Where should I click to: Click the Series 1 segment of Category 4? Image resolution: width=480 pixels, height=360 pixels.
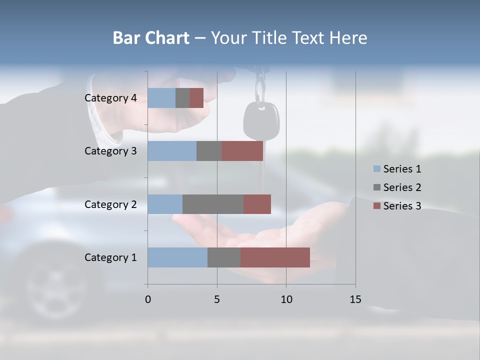pyautogui.click(x=161, y=98)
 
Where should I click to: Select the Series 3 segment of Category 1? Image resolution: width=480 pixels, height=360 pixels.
pyautogui.click(x=275, y=257)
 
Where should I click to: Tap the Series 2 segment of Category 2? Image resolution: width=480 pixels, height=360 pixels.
pyautogui.click(x=213, y=204)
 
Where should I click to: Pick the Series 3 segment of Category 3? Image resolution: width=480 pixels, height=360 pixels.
pyautogui.click(x=242, y=151)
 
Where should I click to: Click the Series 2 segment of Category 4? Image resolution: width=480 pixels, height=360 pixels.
pyautogui.click(x=182, y=98)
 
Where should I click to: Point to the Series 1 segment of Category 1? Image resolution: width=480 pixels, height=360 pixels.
pyautogui.click(x=177, y=257)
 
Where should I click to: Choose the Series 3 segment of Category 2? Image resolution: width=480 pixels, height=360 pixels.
pyautogui.click(x=257, y=204)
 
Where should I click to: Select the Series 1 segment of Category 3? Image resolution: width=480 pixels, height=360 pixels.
pyautogui.click(x=172, y=151)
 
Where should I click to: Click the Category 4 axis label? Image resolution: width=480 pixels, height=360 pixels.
pyautogui.click(x=110, y=98)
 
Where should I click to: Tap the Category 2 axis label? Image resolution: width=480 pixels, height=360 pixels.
pyautogui.click(x=110, y=204)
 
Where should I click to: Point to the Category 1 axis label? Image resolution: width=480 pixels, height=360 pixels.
pyautogui.click(x=110, y=257)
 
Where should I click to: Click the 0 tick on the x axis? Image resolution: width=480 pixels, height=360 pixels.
pyautogui.click(x=147, y=299)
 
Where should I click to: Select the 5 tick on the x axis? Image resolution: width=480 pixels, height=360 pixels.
pyautogui.click(x=217, y=299)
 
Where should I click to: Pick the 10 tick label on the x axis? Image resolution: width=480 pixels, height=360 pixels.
pyautogui.click(x=286, y=299)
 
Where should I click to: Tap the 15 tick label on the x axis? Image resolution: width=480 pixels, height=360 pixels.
pyautogui.click(x=355, y=299)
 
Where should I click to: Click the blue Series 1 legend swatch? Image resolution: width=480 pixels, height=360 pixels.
pyautogui.click(x=377, y=169)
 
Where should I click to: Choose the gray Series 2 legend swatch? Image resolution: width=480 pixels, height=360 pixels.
pyautogui.click(x=377, y=187)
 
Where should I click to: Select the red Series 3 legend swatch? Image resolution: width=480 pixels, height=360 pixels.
pyautogui.click(x=377, y=206)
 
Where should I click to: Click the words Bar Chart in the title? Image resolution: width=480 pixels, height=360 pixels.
pyautogui.click(x=151, y=38)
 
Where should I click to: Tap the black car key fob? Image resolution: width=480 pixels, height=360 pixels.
pyautogui.click(x=261, y=120)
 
